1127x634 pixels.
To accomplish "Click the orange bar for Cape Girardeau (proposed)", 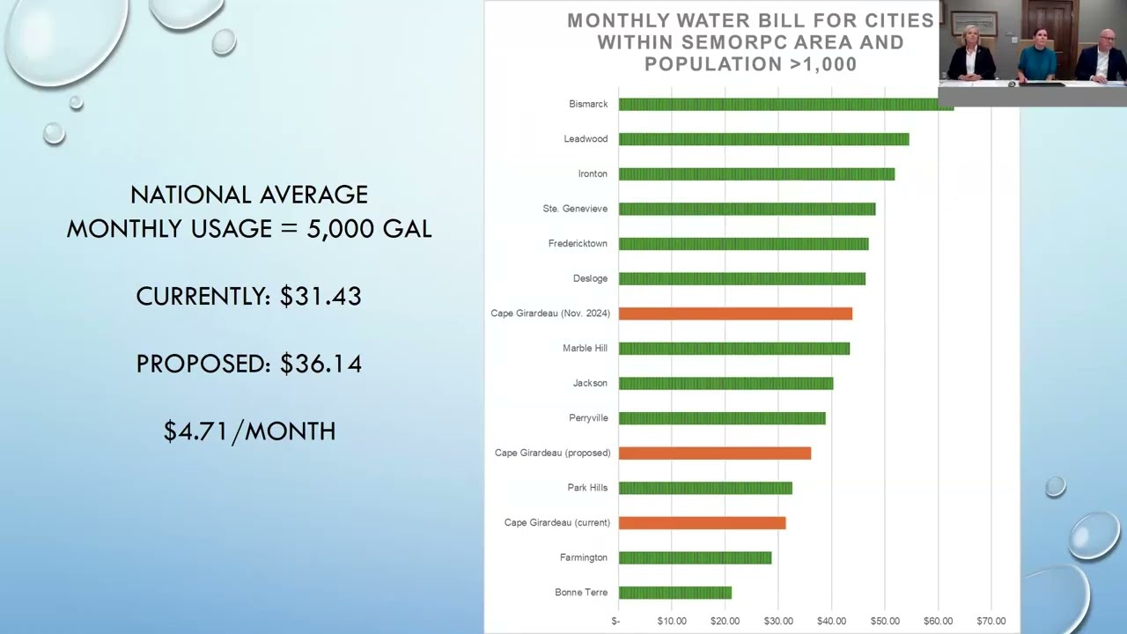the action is pyautogui.click(x=714, y=453).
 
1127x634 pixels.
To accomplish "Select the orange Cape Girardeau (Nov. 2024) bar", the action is pyautogui.click(x=735, y=313).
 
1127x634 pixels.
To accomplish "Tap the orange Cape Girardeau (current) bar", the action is pyautogui.click(x=703, y=523).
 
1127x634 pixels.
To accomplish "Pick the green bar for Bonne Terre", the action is pyautogui.click(x=675, y=593).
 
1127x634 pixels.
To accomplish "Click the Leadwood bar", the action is pyautogui.click(x=763, y=139).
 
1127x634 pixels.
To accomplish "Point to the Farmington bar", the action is pyautogui.click(x=695, y=558).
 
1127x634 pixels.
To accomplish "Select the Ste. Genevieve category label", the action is pyautogui.click(x=575, y=209).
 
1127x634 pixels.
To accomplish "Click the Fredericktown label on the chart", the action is pyautogui.click(x=578, y=244).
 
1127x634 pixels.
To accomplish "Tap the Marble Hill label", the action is pyautogui.click(x=586, y=348).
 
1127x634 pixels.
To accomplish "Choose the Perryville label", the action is pyautogui.click(x=589, y=418).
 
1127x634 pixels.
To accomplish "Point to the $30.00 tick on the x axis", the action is pyautogui.click(x=778, y=622).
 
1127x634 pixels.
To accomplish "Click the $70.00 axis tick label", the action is pyautogui.click(x=991, y=622).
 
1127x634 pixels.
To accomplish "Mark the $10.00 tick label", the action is pyautogui.click(x=672, y=622).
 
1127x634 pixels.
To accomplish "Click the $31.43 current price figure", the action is pyautogui.click(x=320, y=296).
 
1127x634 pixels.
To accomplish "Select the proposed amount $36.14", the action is pyautogui.click(x=320, y=364).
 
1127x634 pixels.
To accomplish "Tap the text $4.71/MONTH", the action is pyautogui.click(x=249, y=431).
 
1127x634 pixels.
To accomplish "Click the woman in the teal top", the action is pyautogui.click(x=1037, y=55).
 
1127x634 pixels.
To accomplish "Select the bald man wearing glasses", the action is pyautogui.click(x=1101, y=55).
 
